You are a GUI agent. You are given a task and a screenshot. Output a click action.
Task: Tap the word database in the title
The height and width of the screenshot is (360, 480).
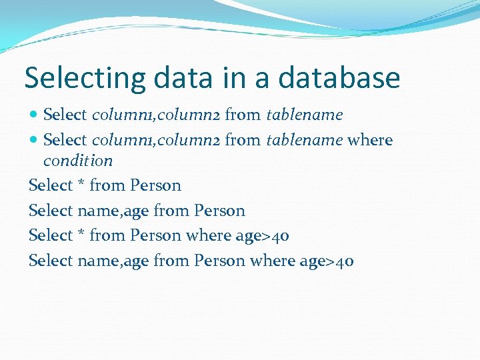339,79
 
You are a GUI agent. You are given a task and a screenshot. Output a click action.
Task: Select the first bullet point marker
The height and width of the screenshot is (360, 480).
34,115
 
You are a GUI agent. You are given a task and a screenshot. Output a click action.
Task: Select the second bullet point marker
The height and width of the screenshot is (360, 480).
34,140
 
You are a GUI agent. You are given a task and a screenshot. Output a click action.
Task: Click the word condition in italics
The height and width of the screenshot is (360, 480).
78,161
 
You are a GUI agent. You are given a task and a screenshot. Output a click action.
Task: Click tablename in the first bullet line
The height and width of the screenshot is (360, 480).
305,115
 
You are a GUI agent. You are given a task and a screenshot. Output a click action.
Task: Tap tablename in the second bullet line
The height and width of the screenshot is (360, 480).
305,140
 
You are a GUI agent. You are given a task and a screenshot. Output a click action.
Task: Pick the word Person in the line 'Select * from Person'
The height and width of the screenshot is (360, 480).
156,185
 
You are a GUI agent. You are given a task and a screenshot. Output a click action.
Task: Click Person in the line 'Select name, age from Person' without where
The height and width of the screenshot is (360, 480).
220,211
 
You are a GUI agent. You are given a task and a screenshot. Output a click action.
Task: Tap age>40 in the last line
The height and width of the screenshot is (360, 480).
327,261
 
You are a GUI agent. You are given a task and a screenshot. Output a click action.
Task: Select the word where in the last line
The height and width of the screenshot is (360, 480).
272,261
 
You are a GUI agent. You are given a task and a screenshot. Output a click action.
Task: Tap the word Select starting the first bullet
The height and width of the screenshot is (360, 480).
65,115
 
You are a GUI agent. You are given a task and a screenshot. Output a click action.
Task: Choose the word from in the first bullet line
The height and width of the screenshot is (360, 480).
243,115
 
